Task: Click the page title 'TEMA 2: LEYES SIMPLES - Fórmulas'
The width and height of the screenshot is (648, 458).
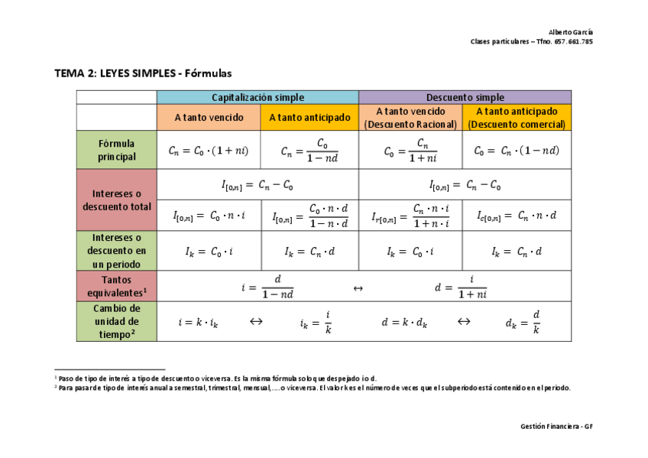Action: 142,73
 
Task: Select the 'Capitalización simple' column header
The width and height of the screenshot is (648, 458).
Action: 258,97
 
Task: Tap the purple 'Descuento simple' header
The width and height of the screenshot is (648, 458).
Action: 465,97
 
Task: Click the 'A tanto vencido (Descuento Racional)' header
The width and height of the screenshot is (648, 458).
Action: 410,118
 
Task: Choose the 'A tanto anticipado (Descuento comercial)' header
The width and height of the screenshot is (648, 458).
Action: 517,118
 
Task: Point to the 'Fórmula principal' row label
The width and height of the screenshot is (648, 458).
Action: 116,150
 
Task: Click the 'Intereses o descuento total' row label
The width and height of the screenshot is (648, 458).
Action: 116,200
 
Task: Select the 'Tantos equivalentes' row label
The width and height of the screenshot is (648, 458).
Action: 116,286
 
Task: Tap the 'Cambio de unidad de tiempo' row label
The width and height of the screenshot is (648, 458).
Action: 116,321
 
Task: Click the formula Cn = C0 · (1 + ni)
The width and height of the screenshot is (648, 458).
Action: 209,151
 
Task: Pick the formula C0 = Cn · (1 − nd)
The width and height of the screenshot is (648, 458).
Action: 517,151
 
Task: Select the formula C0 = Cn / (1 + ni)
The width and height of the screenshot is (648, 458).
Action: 410,151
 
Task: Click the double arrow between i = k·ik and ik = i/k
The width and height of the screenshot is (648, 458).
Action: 257,322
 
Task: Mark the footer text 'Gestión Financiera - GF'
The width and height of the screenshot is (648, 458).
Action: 556,426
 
